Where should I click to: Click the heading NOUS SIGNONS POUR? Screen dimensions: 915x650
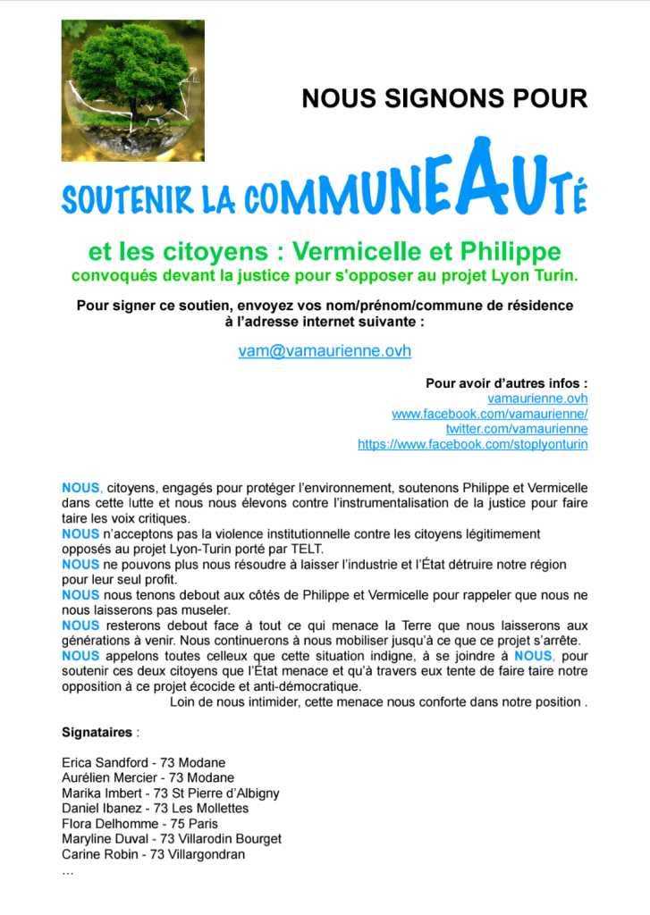click(x=444, y=97)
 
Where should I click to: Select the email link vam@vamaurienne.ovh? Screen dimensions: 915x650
click(x=325, y=351)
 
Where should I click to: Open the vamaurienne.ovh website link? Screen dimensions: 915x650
click(x=537, y=399)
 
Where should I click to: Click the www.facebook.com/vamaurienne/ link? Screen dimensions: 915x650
click(x=489, y=414)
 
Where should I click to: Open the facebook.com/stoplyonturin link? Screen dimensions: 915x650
click(x=472, y=444)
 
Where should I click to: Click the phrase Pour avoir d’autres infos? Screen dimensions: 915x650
click(x=506, y=383)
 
